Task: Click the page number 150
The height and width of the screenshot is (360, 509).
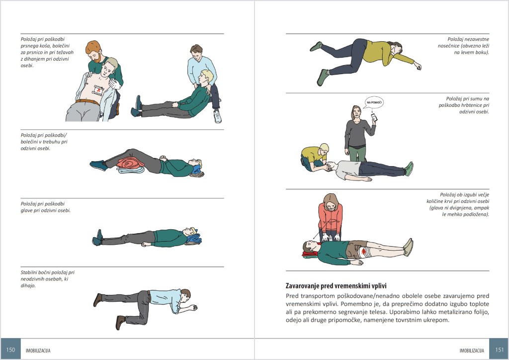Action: pyautogui.click(x=11, y=350)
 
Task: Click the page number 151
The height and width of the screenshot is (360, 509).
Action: pyautogui.click(x=500, y=350)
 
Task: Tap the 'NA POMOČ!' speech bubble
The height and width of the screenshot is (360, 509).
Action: pyautogui.click(x=374, y=102)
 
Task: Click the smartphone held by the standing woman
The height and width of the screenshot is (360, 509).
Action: pyautogui.click(x=374, y=116)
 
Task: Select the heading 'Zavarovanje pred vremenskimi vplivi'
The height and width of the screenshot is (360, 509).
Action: pyautogui.click(x=336, y=286)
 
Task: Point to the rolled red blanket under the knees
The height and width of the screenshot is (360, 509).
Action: pyautogui.click(x=130, y=163)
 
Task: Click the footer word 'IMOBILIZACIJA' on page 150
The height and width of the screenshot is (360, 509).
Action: pyautogui.click(x=38, y=351)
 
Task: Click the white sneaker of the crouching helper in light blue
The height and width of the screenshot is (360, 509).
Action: pyautogui.click(x=218, y=116)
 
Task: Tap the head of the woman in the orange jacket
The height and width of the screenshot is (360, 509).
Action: pyautogui.click(x=331, y=202)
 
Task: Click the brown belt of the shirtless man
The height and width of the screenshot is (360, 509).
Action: pyautogui.click(x=87, y=102)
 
